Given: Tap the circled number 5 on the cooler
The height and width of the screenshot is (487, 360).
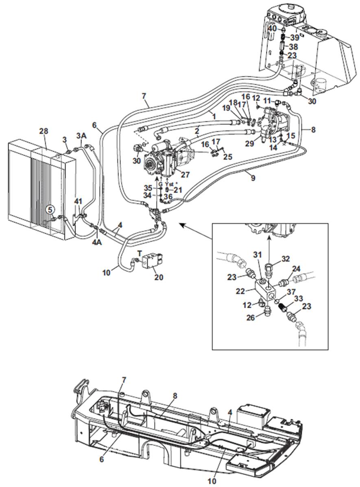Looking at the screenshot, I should coord(50,210).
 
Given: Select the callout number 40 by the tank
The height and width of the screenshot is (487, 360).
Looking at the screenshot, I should coord(272,28).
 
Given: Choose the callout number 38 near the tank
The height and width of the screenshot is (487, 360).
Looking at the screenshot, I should coord(293,47).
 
